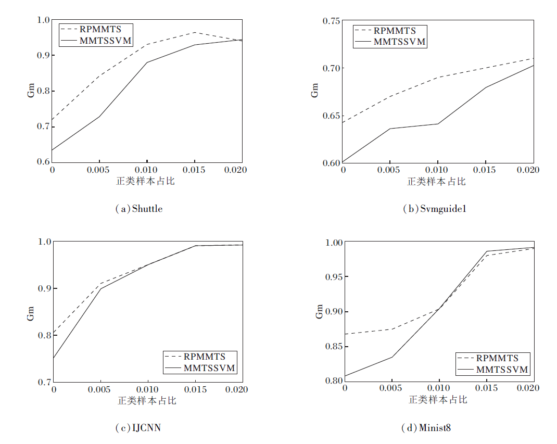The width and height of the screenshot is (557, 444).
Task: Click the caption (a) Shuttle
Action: (138, 209)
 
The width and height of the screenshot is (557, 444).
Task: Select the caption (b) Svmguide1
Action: (434, 209)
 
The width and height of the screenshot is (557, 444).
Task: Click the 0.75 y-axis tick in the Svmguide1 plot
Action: (332, 21)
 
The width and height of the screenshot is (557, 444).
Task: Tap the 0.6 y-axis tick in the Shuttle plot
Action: (42, 162)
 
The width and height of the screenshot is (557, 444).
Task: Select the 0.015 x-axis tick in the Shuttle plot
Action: (194, 170)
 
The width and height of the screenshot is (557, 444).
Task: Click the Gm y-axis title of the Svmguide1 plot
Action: (315, 91)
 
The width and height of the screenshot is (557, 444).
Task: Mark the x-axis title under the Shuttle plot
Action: (146, 182)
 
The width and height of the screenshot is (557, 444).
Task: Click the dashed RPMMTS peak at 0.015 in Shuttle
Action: (194, 32)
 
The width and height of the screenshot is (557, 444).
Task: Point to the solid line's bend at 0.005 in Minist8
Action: (391, 357)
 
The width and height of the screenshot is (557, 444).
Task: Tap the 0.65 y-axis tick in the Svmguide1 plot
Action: (332, 115)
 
